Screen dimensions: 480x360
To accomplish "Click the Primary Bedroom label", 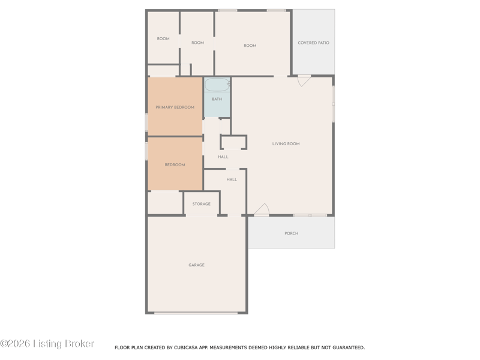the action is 175,107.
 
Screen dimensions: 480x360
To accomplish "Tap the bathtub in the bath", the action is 217,85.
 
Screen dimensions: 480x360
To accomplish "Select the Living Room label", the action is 286,143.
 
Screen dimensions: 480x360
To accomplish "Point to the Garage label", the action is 197,265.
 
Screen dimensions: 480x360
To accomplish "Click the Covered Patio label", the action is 313,43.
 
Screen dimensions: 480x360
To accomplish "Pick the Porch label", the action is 292,233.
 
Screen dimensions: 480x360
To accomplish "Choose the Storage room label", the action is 202,204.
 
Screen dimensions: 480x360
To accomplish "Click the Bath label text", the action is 217,99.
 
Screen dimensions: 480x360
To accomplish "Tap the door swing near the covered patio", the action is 304,80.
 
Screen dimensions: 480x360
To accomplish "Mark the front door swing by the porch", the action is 262,209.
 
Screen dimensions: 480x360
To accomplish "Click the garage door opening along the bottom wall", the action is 196,313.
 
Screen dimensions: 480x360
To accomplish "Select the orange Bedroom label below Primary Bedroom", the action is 175,164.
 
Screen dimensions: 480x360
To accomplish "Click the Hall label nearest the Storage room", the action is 232,179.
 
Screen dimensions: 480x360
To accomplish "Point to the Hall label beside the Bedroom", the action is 223,157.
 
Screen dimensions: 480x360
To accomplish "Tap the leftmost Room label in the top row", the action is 163,38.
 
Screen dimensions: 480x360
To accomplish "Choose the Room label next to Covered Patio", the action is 250,46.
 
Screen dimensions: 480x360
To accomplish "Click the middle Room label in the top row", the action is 198,43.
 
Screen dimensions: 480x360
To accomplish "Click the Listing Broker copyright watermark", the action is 47,343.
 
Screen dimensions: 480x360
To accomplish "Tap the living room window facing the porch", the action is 310,215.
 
